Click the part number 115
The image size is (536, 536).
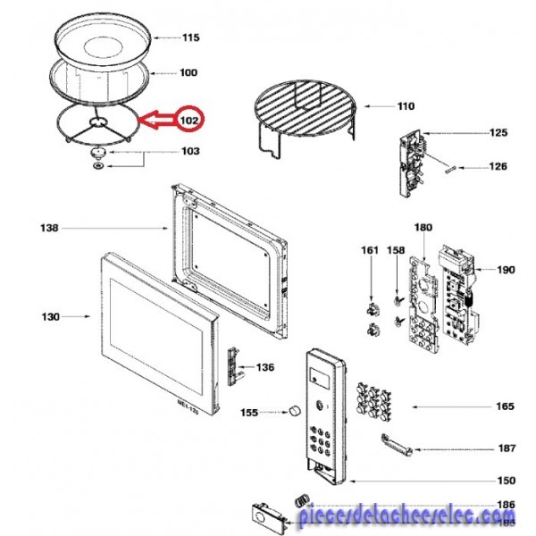[190, 38]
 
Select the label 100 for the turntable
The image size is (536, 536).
[188, 72]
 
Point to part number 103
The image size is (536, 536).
[190, 152]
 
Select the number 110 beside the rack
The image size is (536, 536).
[406, 107]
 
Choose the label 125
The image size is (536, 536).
[498, 133]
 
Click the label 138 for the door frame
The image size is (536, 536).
[49, 229]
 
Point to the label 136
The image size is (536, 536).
[265, 367]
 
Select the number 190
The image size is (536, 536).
[506, 269]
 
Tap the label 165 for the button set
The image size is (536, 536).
[506, 407]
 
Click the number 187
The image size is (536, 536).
[506, 448]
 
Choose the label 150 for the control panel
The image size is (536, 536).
[506, 481]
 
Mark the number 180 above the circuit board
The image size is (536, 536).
[423, 228]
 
